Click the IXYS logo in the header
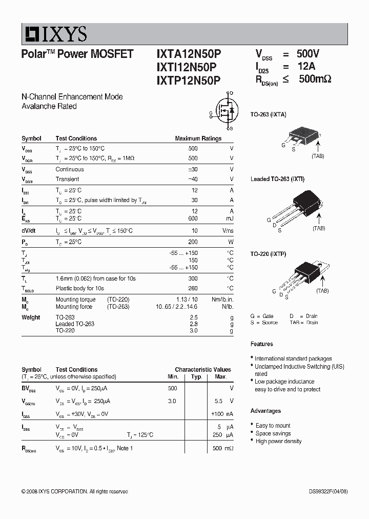[x=54, y=34]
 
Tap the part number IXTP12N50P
[x=188, y=79]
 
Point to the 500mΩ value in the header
[x=315, y=79]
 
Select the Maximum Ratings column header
[x=198, y=138]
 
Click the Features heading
[x=261, y=344]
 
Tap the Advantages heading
[x=265, y=411]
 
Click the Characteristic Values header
[x=202, y=369]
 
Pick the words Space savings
[x=273, y=433]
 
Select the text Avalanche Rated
[x=49, y=106]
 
